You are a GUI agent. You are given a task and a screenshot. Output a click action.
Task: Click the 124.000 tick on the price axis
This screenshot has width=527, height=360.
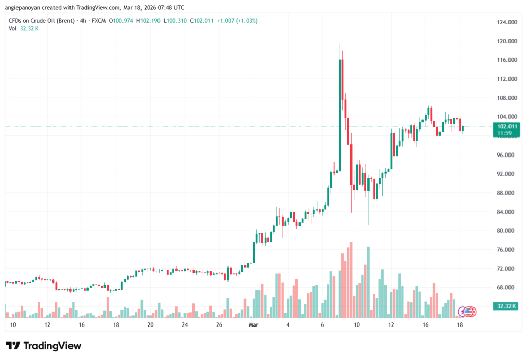[505, 22]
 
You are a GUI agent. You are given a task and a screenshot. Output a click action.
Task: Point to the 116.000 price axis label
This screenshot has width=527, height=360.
[505, 60]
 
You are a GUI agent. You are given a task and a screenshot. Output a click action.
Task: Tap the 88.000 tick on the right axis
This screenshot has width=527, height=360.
[505, 193]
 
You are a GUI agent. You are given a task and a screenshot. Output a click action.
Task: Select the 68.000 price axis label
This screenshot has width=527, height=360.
[505, 288]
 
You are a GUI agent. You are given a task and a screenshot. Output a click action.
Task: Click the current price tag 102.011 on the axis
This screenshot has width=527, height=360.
[505, 126]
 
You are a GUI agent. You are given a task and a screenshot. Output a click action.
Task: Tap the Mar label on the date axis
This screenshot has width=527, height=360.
[253, 325]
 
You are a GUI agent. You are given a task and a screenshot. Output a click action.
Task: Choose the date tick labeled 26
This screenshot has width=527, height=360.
[219, 325]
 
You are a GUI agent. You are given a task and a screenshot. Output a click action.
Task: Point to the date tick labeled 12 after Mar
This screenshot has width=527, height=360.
[391, 325]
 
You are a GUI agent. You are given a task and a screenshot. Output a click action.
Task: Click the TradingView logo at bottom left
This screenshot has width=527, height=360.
[43, 346]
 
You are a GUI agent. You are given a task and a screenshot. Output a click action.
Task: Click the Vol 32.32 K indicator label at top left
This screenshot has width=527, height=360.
[24, 28]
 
